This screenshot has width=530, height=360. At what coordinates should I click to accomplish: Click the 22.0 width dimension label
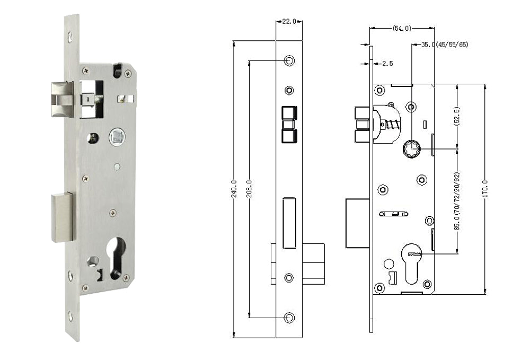(x=289, y=21)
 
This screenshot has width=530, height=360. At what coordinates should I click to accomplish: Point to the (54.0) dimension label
(x=401, y=28)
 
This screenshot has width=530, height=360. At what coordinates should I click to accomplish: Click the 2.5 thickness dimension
(x=387, y=64)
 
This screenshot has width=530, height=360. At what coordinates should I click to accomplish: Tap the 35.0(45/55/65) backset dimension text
(x=444, y=45)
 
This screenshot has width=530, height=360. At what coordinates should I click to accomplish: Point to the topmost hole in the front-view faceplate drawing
(x=289, y=60)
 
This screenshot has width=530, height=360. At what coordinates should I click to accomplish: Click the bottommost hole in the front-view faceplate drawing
(x=289, y=318)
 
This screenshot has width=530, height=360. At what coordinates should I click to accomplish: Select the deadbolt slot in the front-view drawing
(x=289, y=223)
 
